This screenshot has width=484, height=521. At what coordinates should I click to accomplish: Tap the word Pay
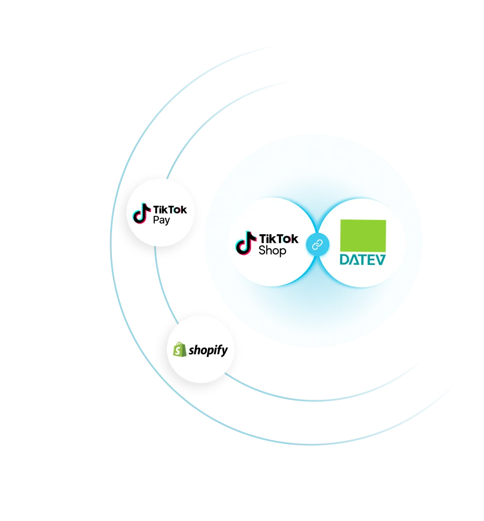pos(161,220)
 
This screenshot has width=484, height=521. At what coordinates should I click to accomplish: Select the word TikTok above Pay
pos(170,210)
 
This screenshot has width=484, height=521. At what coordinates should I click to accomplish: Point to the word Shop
pos(272,251)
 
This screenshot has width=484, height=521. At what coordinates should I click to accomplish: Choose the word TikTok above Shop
pos(278,239)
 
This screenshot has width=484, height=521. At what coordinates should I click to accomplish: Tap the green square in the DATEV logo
pos(363,236)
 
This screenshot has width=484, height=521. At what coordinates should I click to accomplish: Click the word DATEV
pos(363,260)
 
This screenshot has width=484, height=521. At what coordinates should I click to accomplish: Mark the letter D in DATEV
pos(345,260)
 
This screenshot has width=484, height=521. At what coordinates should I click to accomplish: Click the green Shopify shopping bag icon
pos(179,350)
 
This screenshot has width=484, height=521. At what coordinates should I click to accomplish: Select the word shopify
pos(208,350)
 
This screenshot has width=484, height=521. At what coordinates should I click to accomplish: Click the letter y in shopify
pos(224,351)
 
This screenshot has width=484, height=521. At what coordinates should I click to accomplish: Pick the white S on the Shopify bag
pos(178,351)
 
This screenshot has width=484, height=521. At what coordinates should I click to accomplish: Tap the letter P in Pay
pos(155,220)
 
